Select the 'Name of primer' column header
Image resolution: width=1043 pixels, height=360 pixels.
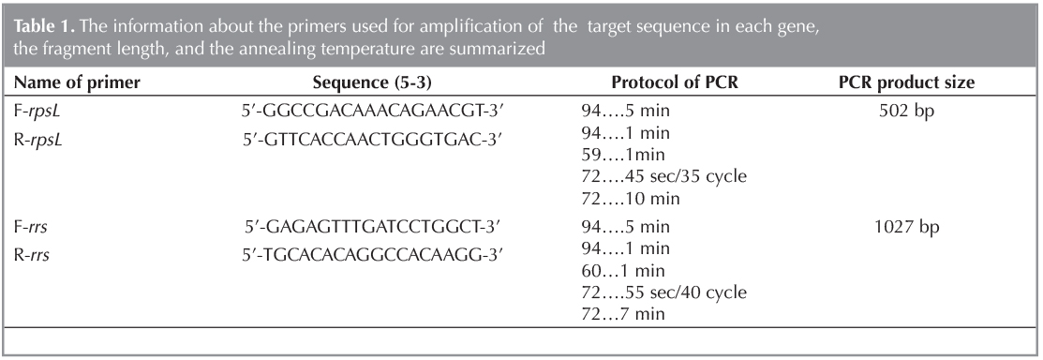click(x=74, y=82)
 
